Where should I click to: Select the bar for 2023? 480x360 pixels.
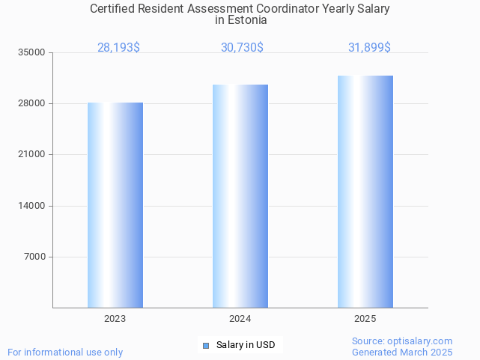(115, 205)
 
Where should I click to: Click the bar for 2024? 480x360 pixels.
(240, 196)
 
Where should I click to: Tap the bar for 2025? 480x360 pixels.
(365, 192)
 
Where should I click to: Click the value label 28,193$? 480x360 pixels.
(118, 48)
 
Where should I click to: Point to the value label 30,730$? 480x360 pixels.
(242, 48)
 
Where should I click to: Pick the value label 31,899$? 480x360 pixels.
(369, 48)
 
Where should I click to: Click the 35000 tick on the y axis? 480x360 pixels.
(33, 52)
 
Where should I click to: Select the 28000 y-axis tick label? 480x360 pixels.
(33, 103)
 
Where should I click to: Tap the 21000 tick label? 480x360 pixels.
(33, 155)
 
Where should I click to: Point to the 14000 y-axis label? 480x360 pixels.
(33, 206)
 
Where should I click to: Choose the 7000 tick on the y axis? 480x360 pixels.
(35, 257)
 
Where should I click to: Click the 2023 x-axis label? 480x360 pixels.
(115, 319)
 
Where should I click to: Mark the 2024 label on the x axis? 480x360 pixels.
(240, 319)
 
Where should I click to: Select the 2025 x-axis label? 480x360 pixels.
(365, 319)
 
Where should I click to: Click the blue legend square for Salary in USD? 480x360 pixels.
(206, 345)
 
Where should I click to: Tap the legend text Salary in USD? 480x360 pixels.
(246, 345)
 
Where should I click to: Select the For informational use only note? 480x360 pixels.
(65, 352)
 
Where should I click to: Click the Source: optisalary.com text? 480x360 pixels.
(402, 341)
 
